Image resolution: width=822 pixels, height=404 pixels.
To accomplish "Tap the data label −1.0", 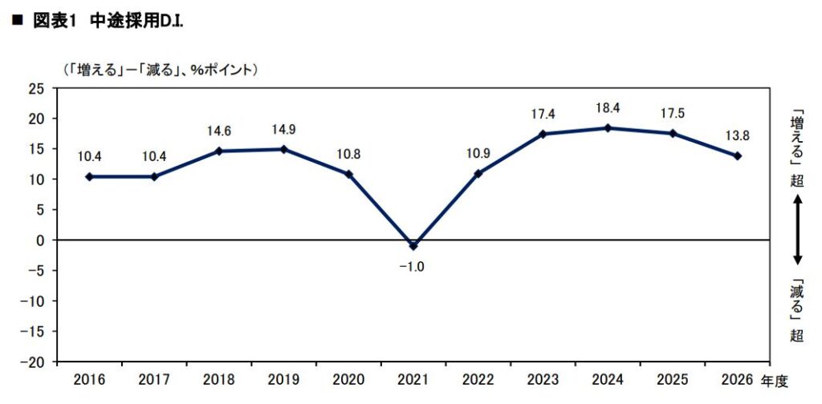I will (413, 266).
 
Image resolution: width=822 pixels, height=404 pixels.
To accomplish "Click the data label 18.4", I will (608, 108).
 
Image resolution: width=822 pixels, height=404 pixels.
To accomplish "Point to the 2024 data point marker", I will (608, 128).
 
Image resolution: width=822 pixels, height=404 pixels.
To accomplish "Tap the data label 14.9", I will (283, 129).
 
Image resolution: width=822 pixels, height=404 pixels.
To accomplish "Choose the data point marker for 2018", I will (219, 151).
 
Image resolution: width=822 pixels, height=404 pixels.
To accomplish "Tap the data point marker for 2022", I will (478, 173).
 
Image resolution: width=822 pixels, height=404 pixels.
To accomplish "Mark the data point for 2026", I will (738, 156).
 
